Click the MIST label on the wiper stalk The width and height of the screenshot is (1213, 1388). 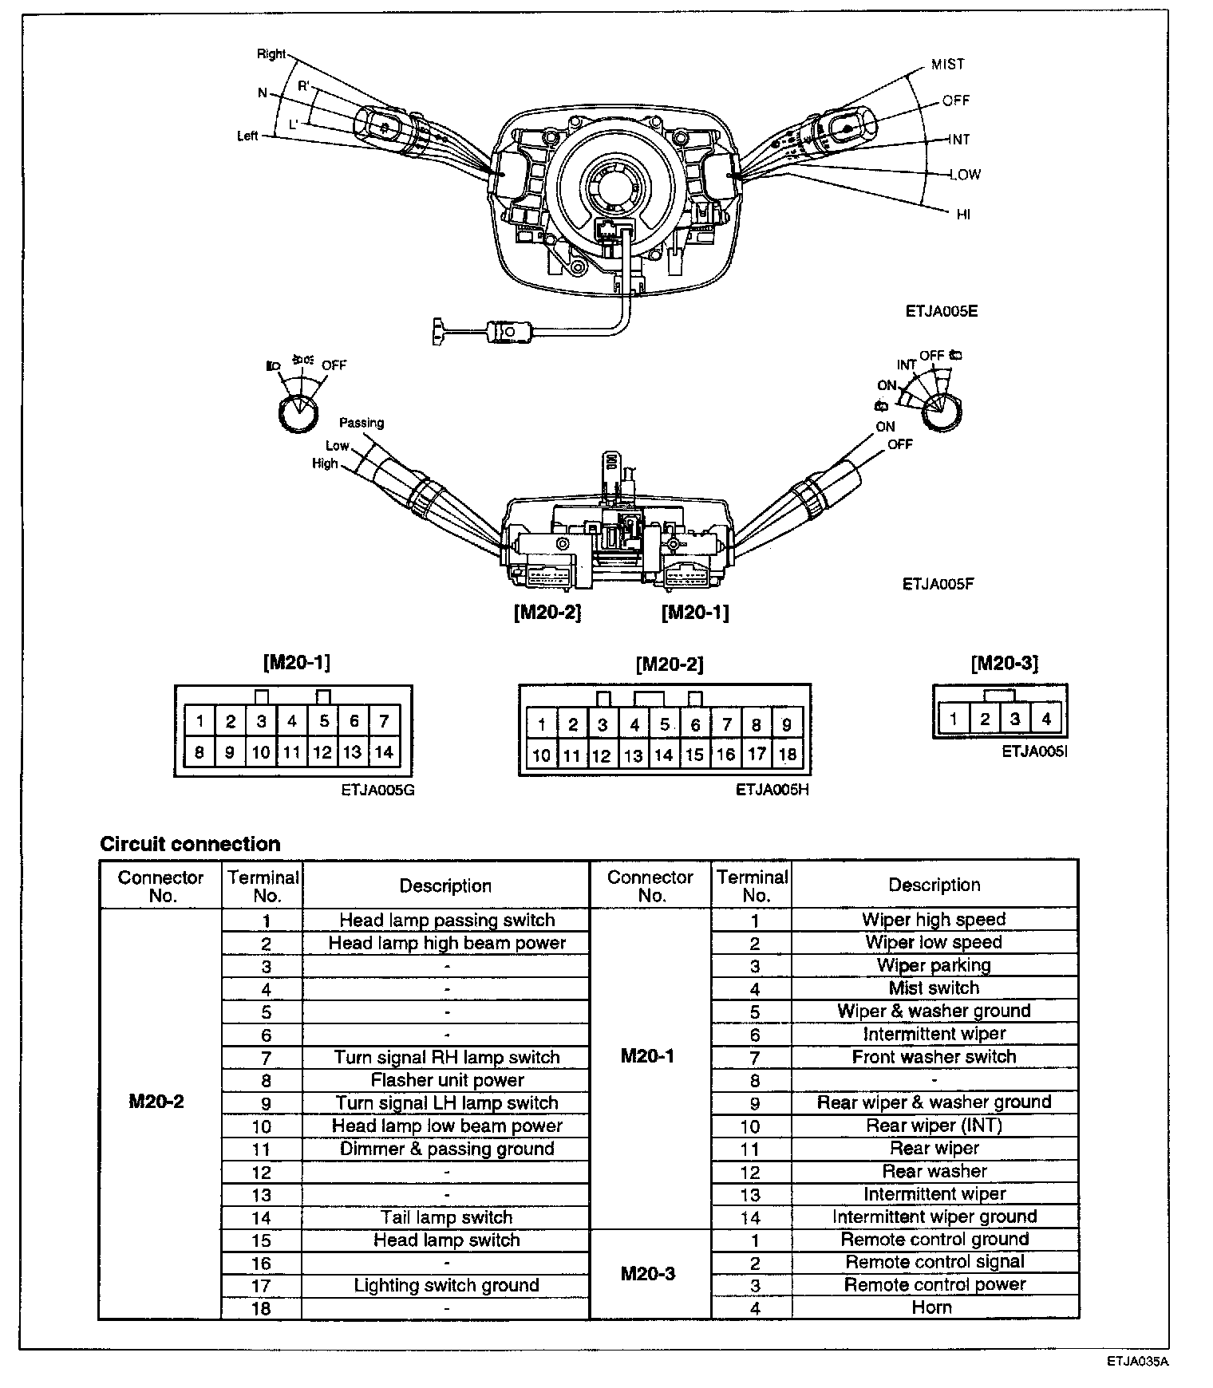(x=948, y=65)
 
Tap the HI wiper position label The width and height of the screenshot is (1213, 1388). (x=963, y=215)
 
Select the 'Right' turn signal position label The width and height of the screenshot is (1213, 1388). (x=271, y=54)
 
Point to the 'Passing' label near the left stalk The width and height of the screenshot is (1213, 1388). (x=362, y=423)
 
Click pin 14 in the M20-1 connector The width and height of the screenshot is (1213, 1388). (x=384, y=751)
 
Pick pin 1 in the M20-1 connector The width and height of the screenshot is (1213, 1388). (x=200, y=722)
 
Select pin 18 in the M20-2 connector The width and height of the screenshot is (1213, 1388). (x=787, y=755)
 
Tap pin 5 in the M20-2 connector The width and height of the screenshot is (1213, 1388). (x=665, y=725)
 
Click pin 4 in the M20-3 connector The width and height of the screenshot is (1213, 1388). (x=1045, y=720)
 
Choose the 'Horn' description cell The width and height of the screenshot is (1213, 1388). (x=932, y=1307)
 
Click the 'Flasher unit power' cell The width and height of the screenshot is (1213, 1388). (x=447, y=1080)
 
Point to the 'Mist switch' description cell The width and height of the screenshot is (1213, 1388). (x=934, y=988)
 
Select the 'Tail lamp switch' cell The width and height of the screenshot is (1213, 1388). (x=447, y=1217)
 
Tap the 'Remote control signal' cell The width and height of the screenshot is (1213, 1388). (x=934, y=1262)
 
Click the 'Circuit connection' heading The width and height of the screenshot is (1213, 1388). (x=190, y=844)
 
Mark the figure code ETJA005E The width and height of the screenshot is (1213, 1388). (x=942, y=311)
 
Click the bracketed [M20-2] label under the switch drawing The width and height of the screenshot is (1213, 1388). (x=547, y=612)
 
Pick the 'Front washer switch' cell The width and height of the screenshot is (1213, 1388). (x=934, y=1057)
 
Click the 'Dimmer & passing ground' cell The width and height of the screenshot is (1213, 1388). (x=447, y=1149)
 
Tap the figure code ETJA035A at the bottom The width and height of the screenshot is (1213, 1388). (x=1137, y=1362)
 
